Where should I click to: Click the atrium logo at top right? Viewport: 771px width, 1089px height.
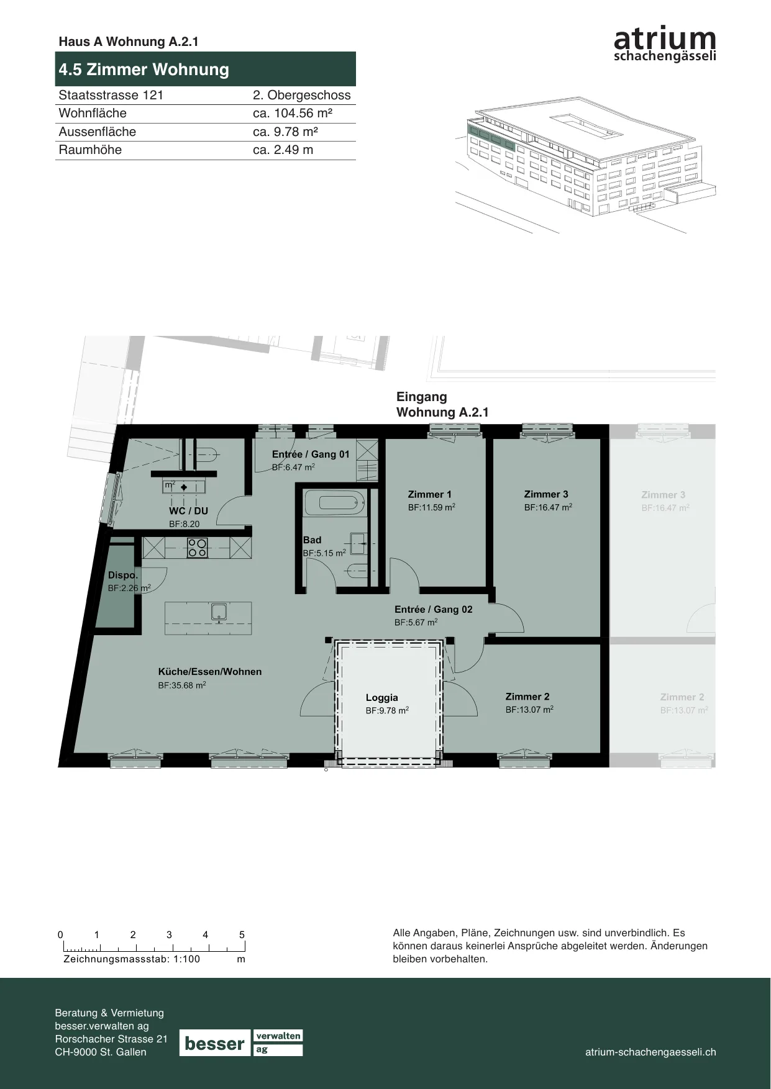(x=665, y=43)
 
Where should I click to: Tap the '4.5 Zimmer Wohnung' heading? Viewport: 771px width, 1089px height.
(x=144, y=70)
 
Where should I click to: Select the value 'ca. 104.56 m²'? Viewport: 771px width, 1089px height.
(x=293, y=113)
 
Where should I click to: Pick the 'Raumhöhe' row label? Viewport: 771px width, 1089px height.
(x=90, y=150)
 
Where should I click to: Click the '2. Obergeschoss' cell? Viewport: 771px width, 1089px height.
(x=302, y=95)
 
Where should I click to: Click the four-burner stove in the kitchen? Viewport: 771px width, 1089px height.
(x=197, y=548)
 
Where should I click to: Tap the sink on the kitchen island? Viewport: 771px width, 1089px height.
(x=219, y=613)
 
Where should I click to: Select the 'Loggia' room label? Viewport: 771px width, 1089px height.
(x=381, y=698)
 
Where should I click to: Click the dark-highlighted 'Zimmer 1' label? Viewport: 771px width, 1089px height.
(x=430, y=495)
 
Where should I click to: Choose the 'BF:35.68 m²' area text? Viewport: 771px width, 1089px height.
(x=182, y=685)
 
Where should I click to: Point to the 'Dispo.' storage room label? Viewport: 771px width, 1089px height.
(x=123, y=576)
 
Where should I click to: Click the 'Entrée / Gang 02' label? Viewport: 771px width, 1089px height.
(x=434, y=610)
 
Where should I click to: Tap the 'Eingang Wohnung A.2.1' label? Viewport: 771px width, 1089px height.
(x=442, y=404)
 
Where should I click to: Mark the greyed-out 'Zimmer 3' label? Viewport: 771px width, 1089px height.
(x=664, y=495)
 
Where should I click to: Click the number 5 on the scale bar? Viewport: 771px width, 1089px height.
(x=242, y=934)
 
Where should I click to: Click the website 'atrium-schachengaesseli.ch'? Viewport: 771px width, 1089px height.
(x=650, y=1052)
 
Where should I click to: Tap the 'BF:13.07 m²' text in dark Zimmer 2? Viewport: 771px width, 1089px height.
(x=529, y=710)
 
